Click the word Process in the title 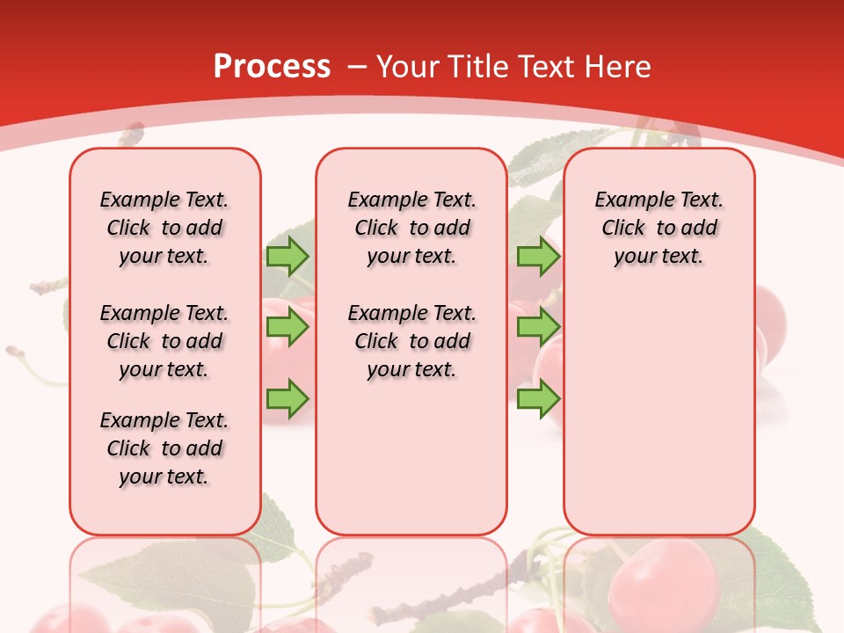272,67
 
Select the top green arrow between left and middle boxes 287,256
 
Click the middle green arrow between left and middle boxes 287,327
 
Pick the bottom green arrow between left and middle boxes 287,398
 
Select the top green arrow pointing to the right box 538,256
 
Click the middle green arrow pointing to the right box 538,327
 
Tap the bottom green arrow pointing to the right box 538,398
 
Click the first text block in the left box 164,228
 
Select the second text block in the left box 164,341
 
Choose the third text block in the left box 164,448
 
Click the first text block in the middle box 411,228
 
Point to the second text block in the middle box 411,341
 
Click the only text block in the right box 658,228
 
